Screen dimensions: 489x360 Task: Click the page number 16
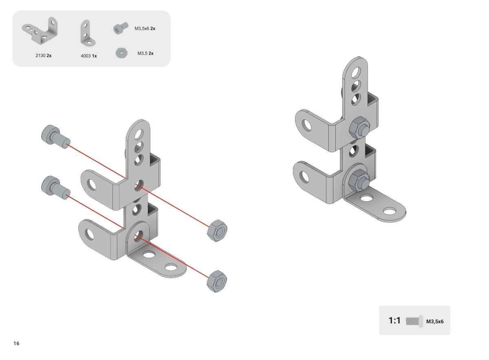(16, 343)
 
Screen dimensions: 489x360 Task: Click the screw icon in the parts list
(121, 28)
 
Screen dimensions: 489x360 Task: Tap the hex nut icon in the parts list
(121, 53)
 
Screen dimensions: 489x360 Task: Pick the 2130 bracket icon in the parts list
(40, 31)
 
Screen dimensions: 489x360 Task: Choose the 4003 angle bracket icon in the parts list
(88, 33)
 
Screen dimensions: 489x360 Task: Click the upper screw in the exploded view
(55, 136)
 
